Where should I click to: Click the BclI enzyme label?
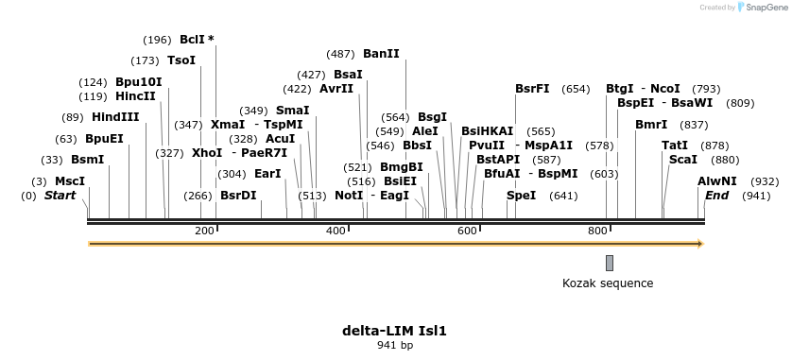click(x=192, y=40)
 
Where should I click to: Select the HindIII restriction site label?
click(x=115, y=117)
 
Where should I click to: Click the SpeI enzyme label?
click(x=522, y=196)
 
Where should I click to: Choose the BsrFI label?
click(x=532, y=89)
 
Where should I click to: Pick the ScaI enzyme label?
click(x=682, y=160)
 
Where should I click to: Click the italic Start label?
click(x=60, y=196)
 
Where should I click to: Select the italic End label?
click(x=717, y=196)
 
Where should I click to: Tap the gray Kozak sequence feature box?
click(x=610, y=262)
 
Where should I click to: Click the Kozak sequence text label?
click(x=608, y=283)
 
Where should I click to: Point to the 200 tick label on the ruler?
click(x=204, y=231)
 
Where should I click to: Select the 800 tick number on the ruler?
click(x=596, y=231)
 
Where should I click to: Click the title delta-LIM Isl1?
click(x=394, y=331)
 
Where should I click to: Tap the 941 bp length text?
click(x=394, y=346)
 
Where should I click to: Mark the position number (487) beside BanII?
click(x=339, y=54)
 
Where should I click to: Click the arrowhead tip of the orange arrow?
click(x=701, y=244)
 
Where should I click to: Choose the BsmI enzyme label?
click(x=88, y=160)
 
